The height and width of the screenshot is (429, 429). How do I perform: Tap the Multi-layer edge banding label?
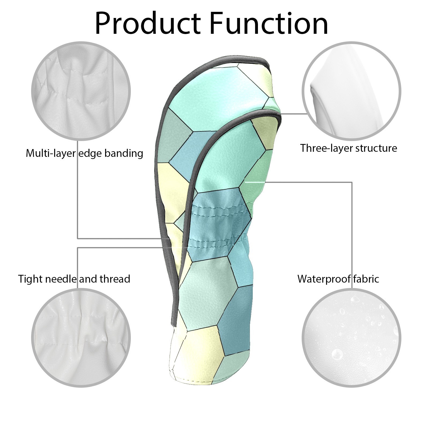tap(84, 153)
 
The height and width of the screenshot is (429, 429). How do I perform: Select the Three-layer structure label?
tap(349, 148)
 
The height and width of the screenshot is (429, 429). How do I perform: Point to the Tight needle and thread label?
tap(74, 279)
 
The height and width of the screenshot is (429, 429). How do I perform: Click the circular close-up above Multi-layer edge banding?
tap(81, 91)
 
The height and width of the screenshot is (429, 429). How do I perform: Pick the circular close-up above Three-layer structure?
tap(352, 91)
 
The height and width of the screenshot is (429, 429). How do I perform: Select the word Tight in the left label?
tap(30, 279)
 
